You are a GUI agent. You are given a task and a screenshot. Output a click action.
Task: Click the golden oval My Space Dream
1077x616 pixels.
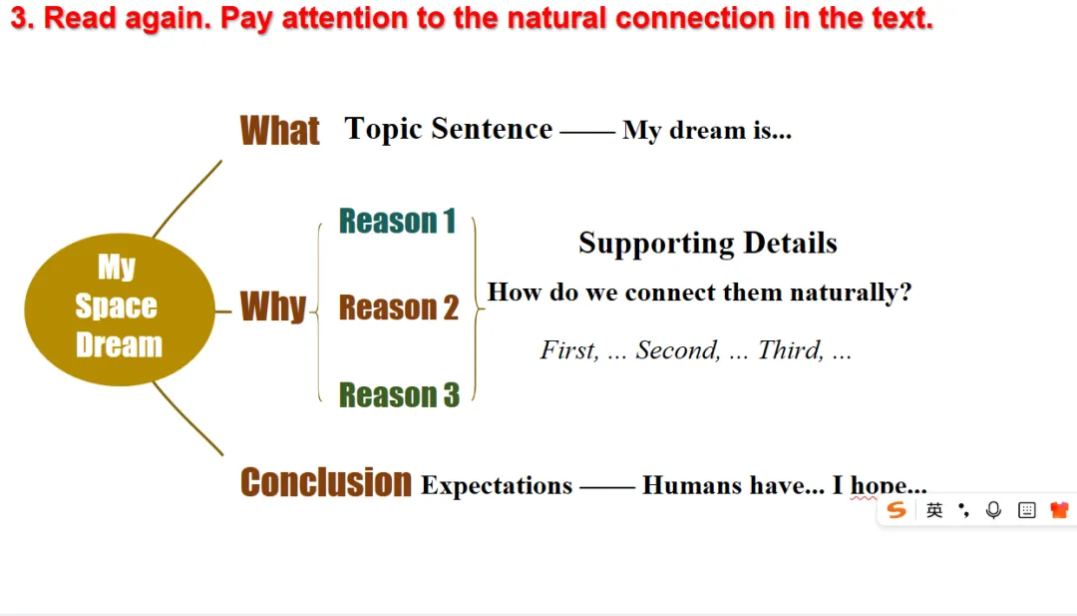tap(120, 309)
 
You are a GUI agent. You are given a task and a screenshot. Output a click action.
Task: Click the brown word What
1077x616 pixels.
tap(279, 131)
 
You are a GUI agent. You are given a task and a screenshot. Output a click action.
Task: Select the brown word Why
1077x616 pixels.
tap(272, 307)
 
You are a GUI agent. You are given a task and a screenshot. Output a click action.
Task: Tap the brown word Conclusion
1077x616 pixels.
tap(325, 482)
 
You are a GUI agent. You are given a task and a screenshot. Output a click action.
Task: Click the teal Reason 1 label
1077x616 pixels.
tap(398, 222)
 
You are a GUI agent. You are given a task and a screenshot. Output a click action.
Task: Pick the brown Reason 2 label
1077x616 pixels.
tap(399, 308)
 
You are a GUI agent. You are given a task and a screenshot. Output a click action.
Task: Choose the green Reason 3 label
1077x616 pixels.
tap(399, 395)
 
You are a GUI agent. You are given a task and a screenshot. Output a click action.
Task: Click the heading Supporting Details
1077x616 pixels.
tap(708, 244)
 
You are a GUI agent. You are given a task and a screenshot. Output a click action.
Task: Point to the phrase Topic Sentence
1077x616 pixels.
tap(449, 129)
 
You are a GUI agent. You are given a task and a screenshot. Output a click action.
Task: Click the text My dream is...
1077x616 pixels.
tap(707, 130)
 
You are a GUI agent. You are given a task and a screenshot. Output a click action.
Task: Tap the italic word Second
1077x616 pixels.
tap(678, 350)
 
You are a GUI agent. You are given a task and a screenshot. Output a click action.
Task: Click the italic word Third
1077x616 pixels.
tap(791, 350)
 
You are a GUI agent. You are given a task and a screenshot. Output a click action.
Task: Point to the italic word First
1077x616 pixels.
tap(569, 350)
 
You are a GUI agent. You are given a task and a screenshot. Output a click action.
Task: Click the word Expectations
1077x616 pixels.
tap(497, 486)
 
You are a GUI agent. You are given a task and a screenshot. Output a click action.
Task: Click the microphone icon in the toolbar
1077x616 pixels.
tap(993, 510)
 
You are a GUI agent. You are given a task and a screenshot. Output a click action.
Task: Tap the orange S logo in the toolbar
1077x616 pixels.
tap(897, 510)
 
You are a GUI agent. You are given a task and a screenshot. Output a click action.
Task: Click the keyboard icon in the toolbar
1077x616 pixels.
tap(1027, 510)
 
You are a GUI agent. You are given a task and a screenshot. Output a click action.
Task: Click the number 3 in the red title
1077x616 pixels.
tap(19, 18)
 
